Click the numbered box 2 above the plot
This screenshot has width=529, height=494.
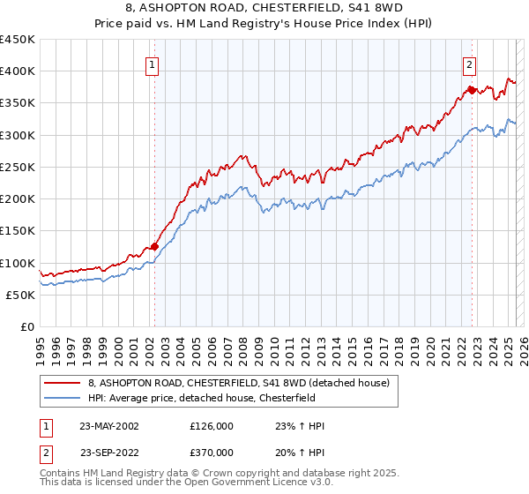coord(469,64)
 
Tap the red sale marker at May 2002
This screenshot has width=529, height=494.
coord(154,247)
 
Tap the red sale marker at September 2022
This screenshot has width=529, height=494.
coord(472,90)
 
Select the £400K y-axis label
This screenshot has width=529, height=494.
coord(19,71)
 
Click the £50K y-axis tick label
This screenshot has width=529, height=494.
coord(22,295)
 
